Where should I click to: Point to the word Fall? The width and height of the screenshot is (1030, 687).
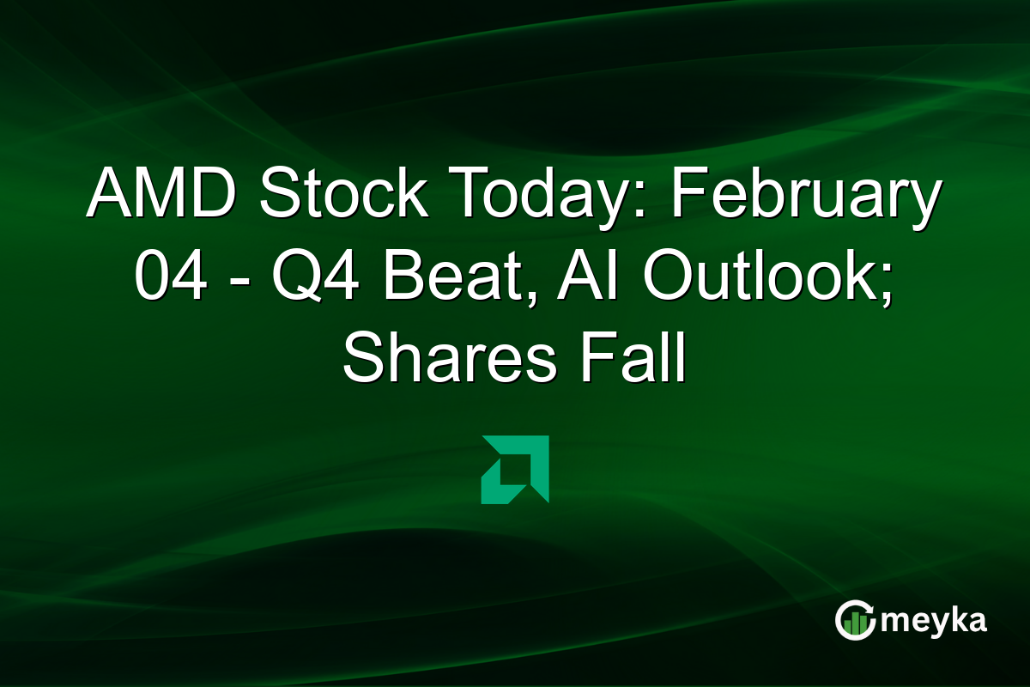[x=632, y=362]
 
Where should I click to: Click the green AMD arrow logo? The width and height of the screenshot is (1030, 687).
[x=515, y=469]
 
